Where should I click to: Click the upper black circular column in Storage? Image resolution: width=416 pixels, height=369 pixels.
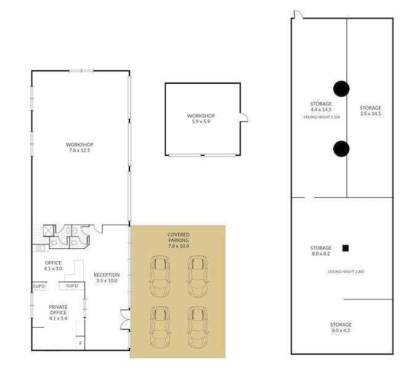(x=341, y=89)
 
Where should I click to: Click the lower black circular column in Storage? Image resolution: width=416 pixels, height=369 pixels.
(x=341, y=148)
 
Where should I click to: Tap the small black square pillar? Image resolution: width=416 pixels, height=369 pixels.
(x=345, y=248)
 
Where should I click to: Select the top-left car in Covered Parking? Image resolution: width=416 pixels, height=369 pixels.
(x=160, y=276)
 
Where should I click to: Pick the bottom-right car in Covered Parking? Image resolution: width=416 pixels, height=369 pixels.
(x=198, y=327)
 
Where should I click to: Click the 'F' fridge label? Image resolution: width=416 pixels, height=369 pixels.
(x=81, y=343)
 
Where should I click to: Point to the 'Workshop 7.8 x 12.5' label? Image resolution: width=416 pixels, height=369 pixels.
(x=80, y=147)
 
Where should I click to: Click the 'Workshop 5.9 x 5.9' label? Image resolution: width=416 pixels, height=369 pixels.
(x=201, y=118)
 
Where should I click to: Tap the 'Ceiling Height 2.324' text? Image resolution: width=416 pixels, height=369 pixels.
(x=322, y=117)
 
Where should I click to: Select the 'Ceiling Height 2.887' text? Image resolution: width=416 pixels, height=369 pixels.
(x=346, y=272)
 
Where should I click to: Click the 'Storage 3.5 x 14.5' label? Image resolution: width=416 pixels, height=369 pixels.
(x=370, y=111)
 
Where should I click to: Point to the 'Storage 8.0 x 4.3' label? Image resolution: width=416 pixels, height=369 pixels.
(x=341, y=327)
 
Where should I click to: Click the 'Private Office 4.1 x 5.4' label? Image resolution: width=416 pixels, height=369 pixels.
(x=58, y=312)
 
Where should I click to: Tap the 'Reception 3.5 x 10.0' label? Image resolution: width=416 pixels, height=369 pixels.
(x=107, y=278)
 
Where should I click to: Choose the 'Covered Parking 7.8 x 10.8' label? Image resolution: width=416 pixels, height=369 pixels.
(x=179, y=240)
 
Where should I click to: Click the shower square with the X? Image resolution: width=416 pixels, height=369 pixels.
(x=49, y=230)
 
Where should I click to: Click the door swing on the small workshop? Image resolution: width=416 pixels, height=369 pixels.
(x=244, y=118)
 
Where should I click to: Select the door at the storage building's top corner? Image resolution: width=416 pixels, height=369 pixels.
(x=298, y=15)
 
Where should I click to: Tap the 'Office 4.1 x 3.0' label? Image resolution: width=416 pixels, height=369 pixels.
(x=53, y=266)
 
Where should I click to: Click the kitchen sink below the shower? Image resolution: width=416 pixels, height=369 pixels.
(x=41, y=248)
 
